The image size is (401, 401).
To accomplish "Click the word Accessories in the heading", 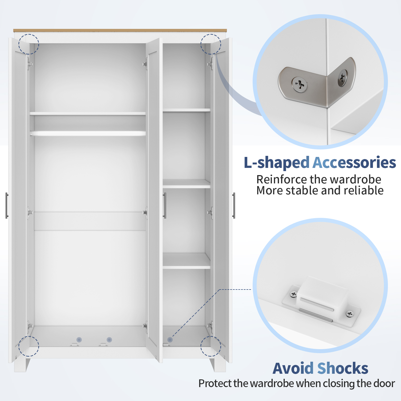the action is (x=354, y=163).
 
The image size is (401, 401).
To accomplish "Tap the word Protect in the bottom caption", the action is (x=215, y=383).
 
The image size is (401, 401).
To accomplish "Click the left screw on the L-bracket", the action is (x=299, y=85).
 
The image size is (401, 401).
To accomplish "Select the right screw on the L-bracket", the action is (x=342, y=78).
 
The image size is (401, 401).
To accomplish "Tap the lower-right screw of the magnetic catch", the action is (x=349, y=314).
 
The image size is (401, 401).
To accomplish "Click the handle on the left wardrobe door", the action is (x=7, y=206).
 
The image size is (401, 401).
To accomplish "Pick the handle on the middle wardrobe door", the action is (x=164, y=206).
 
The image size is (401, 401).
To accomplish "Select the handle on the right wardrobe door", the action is (x=234, y=206).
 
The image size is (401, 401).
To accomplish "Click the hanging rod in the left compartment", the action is (x=88, y=133).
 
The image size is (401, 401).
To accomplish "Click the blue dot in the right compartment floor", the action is (x=170, y=340).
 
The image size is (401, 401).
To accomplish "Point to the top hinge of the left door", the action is (x=29, y=64).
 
